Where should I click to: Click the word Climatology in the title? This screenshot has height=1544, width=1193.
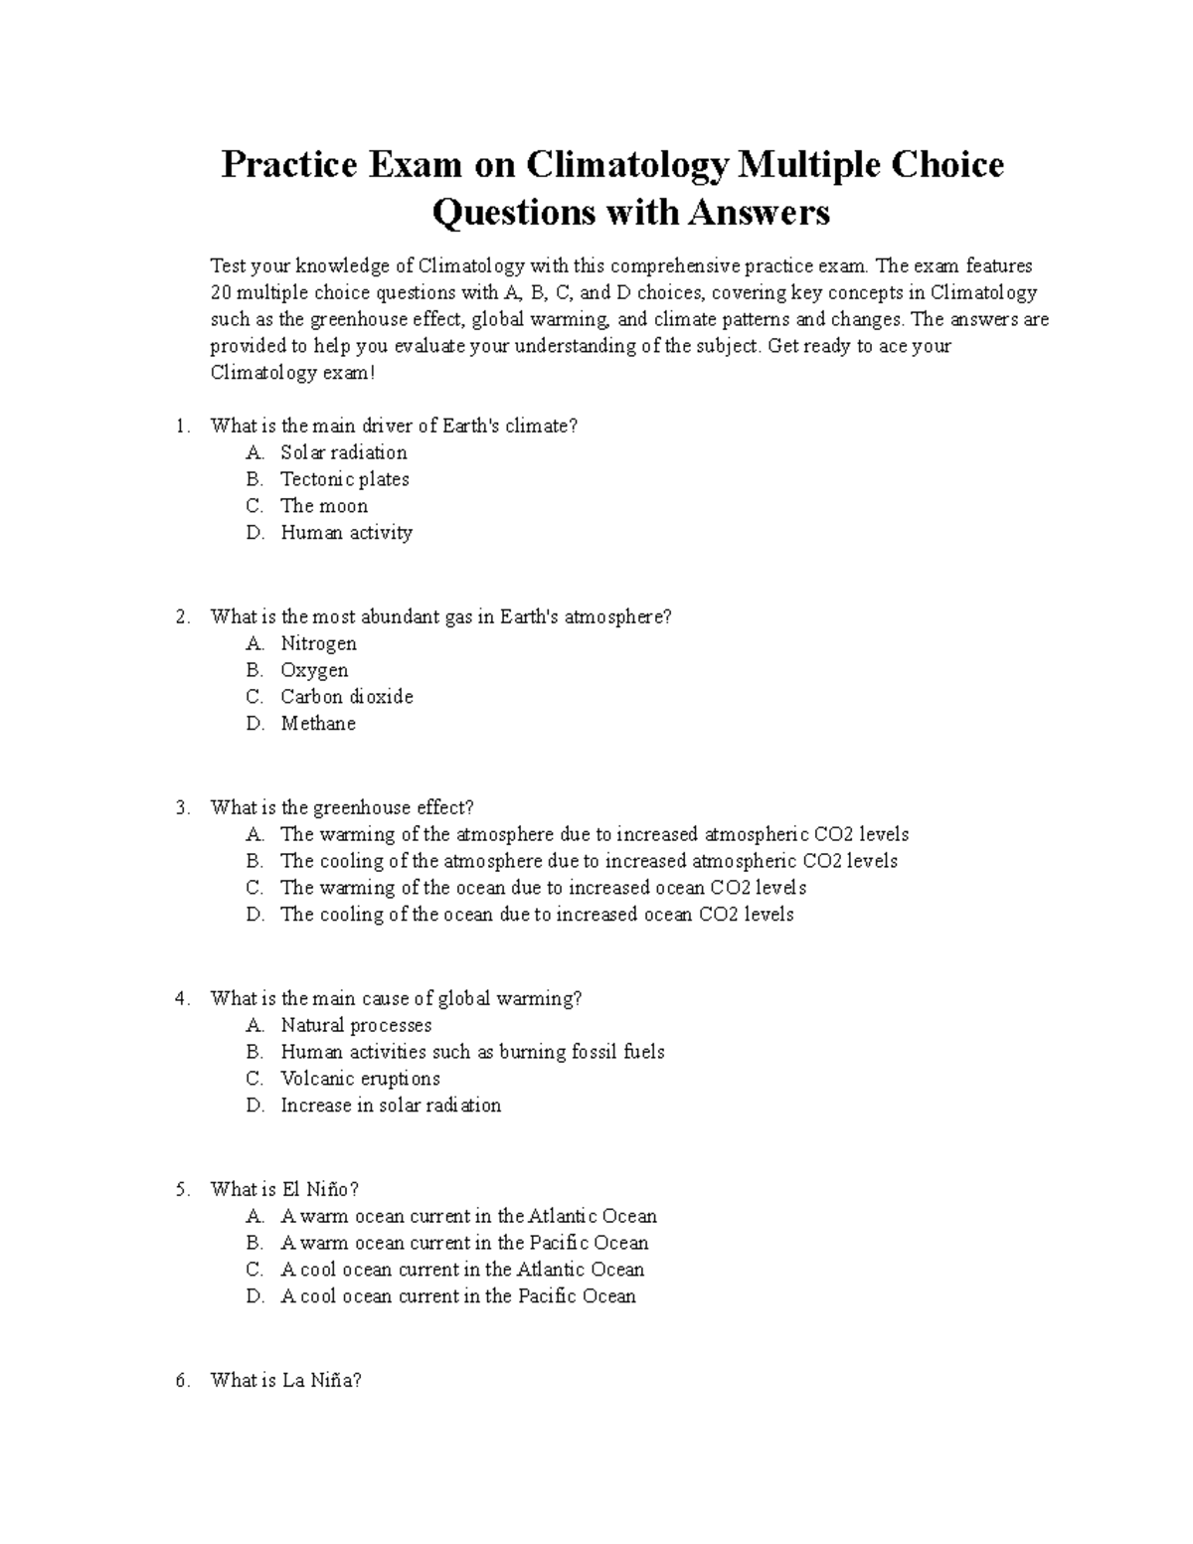626,164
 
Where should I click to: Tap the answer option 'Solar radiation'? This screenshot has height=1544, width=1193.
343,452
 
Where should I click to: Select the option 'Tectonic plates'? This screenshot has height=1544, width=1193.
344,479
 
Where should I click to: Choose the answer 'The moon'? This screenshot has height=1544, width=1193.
324,506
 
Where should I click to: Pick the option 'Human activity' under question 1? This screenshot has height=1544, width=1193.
346,533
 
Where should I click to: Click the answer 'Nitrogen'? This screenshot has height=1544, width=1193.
318,643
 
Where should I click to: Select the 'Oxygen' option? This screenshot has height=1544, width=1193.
314,670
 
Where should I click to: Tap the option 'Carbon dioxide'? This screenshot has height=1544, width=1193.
346,697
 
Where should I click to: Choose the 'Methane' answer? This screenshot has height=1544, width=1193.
317,724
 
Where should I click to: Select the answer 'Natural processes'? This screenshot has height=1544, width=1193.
356,1025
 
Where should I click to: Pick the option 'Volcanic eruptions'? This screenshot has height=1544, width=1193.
360,1079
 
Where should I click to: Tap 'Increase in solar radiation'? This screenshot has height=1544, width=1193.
391,1106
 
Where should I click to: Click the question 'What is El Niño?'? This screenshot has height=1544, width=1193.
284,1189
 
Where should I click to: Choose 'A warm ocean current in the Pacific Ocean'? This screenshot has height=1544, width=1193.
464,1243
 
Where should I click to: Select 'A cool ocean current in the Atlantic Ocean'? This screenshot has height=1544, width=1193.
462,1270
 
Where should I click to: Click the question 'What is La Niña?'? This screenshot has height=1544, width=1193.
286,1380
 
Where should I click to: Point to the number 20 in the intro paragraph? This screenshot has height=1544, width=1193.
221,292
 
